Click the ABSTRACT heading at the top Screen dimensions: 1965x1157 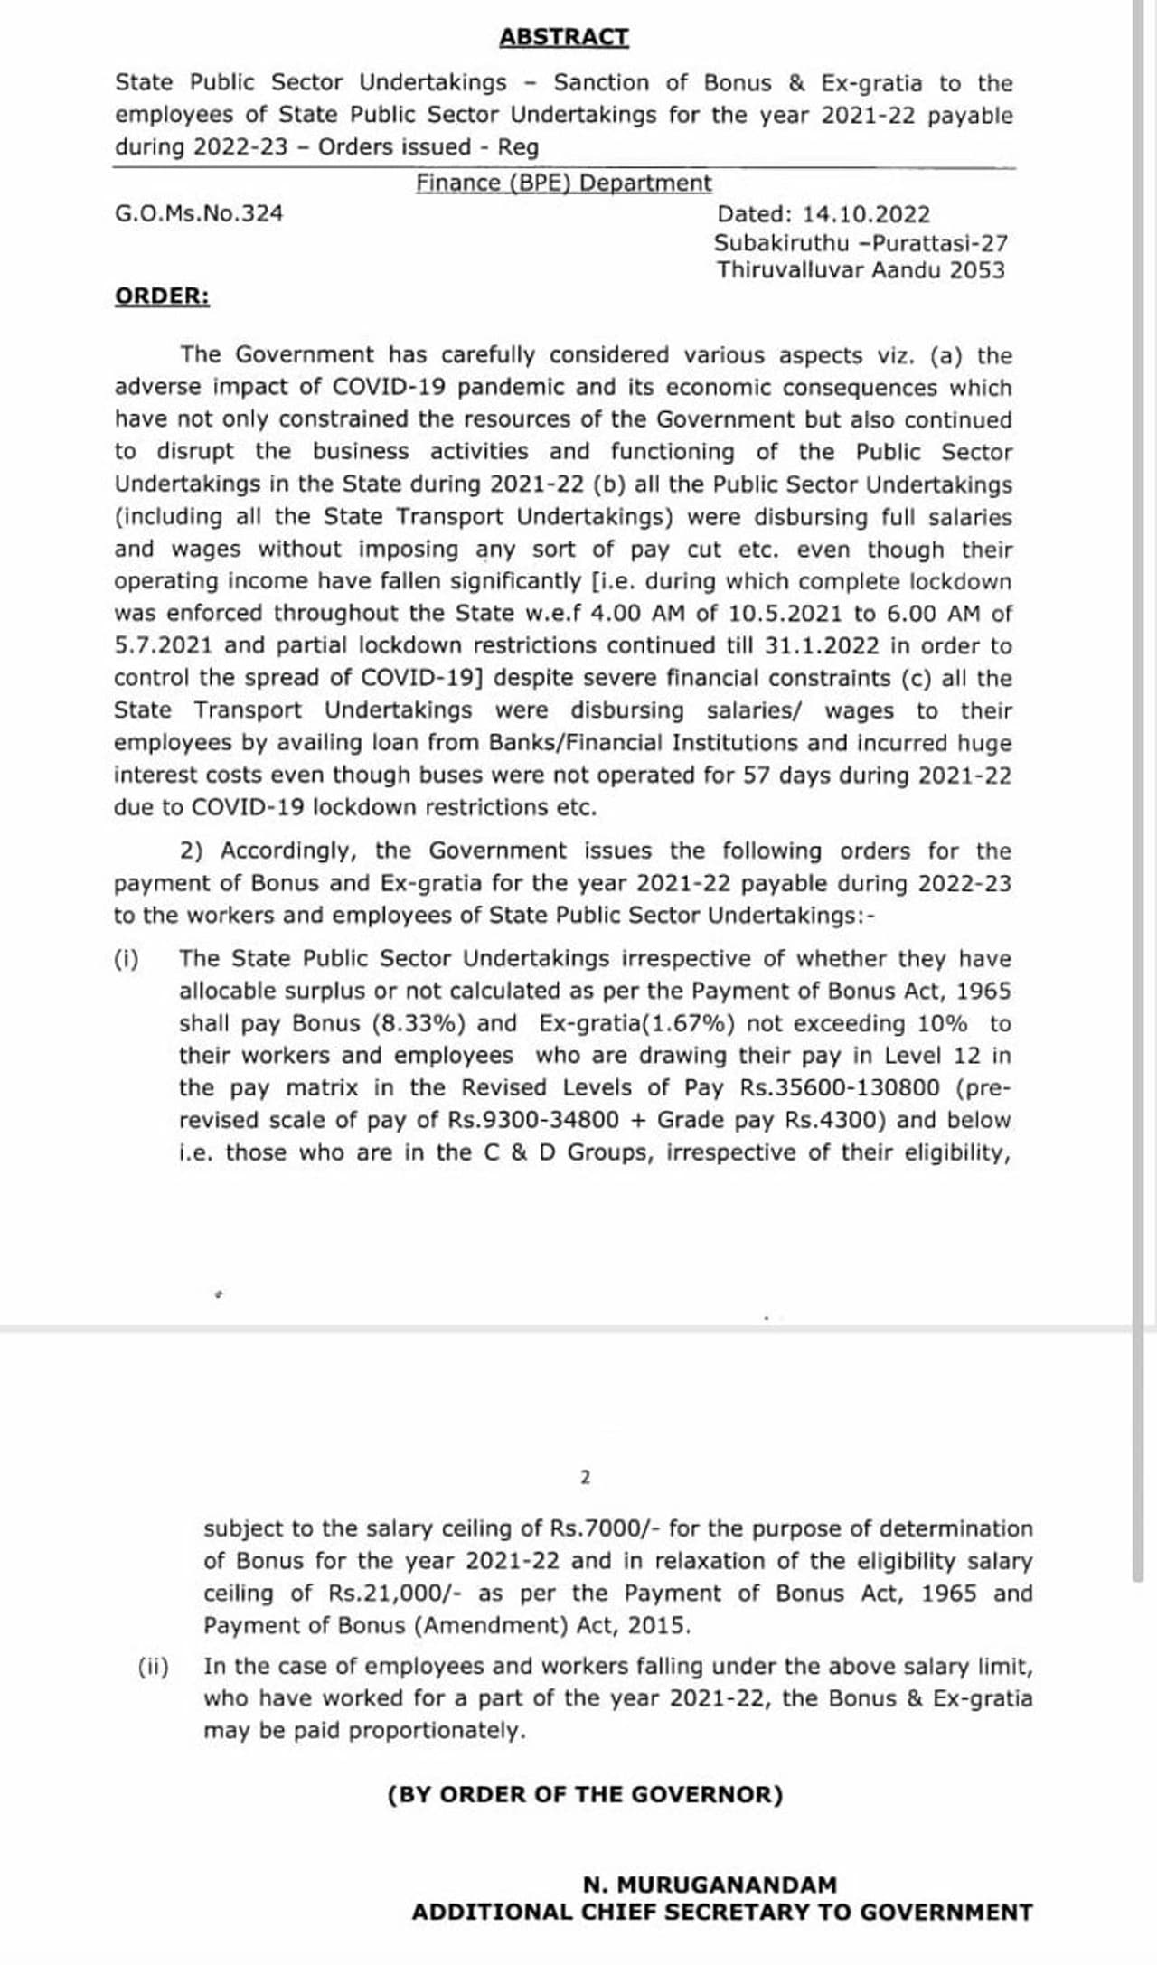click(564, 37)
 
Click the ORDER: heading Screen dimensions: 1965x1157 click(162, 296)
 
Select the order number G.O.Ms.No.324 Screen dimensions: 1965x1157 click(199, 214)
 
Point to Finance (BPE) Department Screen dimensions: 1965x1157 click(564, 183)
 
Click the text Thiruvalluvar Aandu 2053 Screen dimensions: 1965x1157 click(861, 270)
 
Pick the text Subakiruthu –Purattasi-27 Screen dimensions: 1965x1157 click(861, 243)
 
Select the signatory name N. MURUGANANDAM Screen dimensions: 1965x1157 click(710, 1885)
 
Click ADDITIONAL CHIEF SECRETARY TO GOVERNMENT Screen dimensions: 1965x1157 click(722, 1913)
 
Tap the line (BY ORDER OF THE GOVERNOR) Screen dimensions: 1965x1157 click(585, 1795)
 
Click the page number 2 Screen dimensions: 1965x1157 click(585, 1478)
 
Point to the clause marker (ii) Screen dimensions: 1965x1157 click(154, 1666)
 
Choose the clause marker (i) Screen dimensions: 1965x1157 click(127, 959)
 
